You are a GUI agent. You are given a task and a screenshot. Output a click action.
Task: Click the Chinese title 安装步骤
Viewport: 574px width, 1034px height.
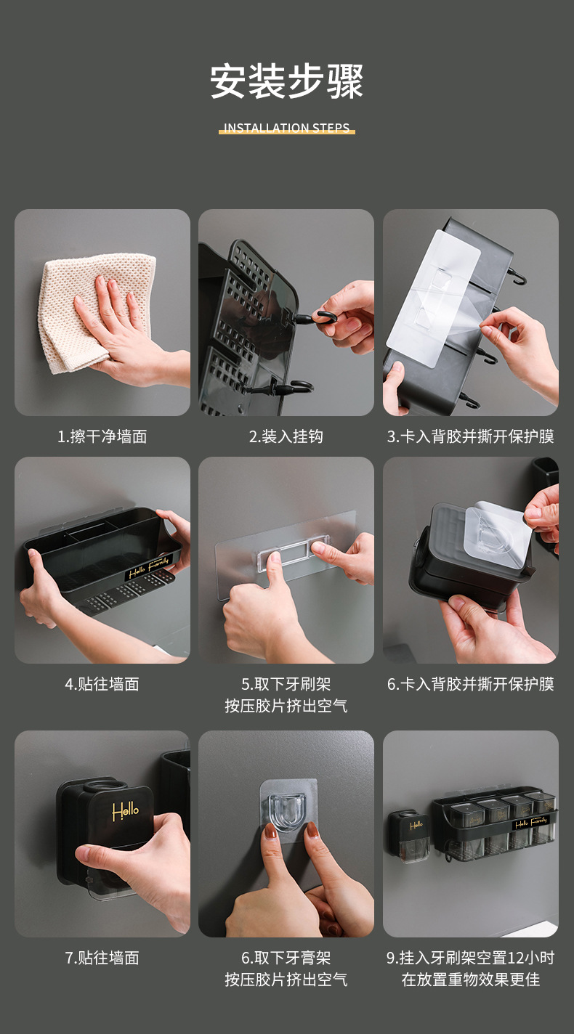(x=287, y=81)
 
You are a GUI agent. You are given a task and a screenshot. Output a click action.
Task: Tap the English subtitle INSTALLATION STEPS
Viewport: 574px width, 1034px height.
(x=287, y=127)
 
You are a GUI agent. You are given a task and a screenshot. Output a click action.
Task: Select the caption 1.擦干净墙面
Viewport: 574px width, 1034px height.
(x=102, y=436)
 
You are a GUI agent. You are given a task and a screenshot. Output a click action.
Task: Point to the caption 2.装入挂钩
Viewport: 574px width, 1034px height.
(x=286, y=436)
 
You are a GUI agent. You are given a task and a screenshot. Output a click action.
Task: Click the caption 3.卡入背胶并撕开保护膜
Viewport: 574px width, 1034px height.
(x=471, y=436)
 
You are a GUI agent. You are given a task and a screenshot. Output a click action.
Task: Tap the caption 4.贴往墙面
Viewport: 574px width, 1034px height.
(x=102, y=684)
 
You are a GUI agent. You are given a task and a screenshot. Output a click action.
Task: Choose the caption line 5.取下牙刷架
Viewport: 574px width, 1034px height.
(x=286, y=684)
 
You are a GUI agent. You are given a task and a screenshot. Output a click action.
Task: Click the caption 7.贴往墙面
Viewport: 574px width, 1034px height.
(x=102, y=958)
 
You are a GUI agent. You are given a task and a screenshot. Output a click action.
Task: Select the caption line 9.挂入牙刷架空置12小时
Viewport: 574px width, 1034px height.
(x=471, y=958)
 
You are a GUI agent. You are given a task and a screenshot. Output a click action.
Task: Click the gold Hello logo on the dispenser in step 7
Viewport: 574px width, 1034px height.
(x=125, y=811)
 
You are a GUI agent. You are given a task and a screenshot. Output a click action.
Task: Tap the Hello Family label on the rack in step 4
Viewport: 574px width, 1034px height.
(x=149, y=567)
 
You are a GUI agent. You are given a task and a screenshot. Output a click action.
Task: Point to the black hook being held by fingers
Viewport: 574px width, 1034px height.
(x=319, y=319)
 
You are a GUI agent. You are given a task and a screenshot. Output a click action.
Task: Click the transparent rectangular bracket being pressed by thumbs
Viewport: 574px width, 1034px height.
(x=294, y=552)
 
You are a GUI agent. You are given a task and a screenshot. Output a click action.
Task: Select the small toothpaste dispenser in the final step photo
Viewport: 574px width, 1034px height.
(x=408, y=836)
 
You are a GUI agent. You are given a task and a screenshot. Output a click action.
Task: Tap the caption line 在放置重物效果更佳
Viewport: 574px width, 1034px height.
(x=471, y=980)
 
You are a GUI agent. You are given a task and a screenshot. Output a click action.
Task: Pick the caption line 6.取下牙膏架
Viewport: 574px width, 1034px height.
(x=286, y=958)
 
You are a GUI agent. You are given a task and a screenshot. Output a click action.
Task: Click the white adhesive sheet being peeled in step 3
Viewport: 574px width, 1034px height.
(x=434, y=298)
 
